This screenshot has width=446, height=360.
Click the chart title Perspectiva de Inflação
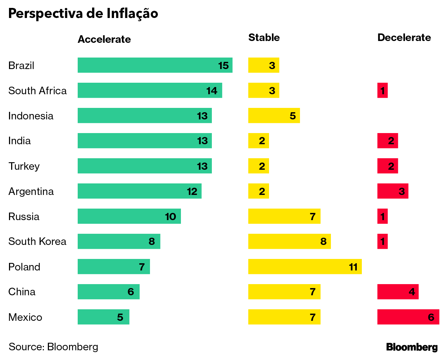[x=83, y=13]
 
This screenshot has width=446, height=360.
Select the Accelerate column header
[x=104, y=39]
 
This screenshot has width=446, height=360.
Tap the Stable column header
[x=264, y=37]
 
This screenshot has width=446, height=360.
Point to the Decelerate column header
[x=404, y=37]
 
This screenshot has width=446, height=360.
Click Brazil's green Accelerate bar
[x=155, y=65]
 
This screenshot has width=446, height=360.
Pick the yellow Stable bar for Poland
[x=305, y=266]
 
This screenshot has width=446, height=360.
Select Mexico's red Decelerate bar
[x=408, y=317]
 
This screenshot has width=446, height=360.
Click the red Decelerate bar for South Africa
[x=382, y=90]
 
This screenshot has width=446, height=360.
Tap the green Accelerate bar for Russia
[x=129, y=216]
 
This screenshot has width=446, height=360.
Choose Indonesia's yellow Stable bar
[x=274, y=115]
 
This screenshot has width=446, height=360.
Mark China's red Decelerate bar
[x=398, y=292]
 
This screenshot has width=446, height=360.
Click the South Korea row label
[x=37, y=241]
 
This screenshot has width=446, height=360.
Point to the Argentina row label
[x=31, y=191]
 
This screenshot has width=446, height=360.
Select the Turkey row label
[x=24, y=166]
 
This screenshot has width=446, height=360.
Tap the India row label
[x=19, y=141]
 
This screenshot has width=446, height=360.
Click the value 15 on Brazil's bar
[x=223, y=65]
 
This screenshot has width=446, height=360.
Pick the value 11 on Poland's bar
[x=353, y=267]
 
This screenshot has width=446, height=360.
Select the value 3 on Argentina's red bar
[x=402, y=191]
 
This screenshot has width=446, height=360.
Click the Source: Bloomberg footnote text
[x=53, y=347]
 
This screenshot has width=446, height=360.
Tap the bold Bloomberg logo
[x=412, y=347]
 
